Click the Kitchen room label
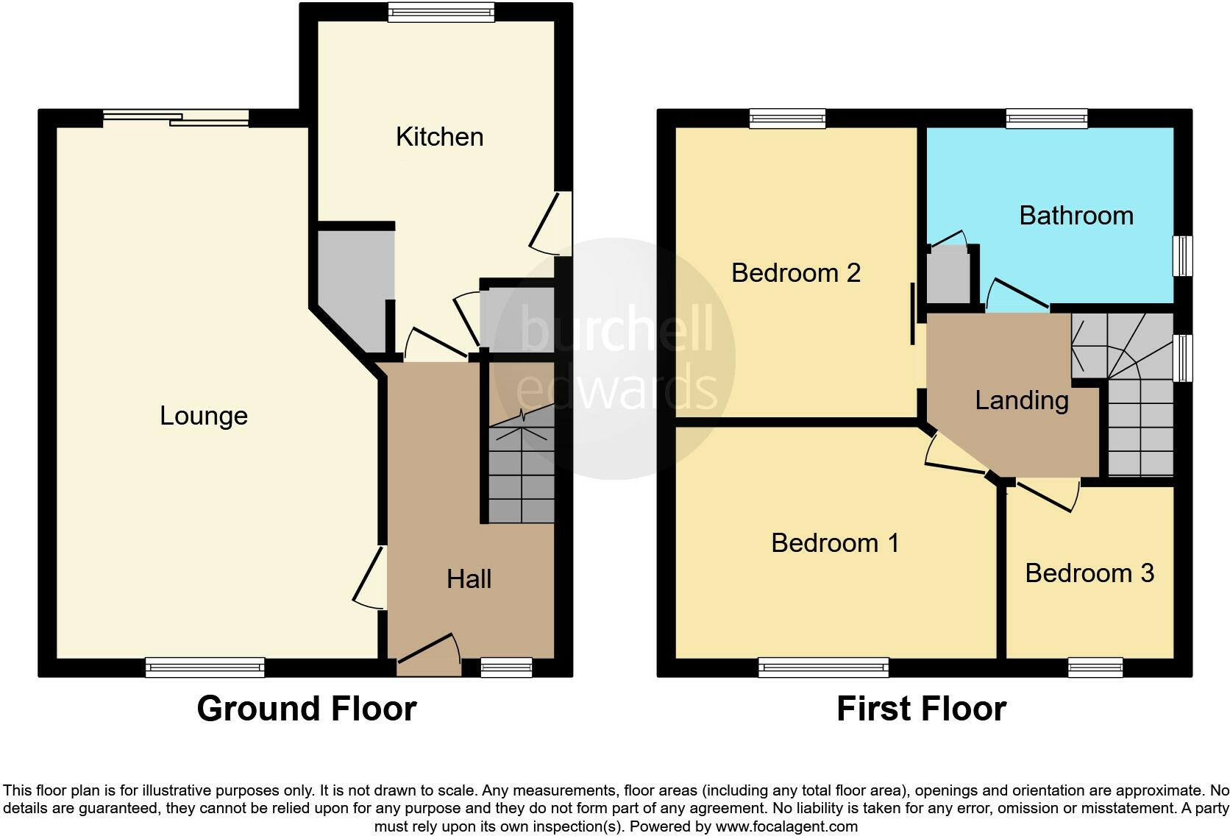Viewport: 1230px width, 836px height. [439, 137]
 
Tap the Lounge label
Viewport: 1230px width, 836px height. [204, 416]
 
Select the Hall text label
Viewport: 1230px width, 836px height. [469, 579]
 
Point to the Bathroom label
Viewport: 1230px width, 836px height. [1076, 216]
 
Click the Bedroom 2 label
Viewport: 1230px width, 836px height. [795, 273]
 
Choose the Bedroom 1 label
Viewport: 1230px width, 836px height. [835, 543]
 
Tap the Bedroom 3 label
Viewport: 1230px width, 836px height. [1089, 573]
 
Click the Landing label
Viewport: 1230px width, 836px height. [1021, 400]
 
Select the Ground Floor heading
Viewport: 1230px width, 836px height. [306, 709]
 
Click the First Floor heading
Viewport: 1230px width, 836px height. [921, 709]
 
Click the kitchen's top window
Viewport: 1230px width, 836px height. [441, 12]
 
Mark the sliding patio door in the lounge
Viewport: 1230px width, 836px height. [176, 118]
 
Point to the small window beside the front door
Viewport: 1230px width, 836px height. [506, 667]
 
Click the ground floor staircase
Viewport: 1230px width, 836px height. [520, 471]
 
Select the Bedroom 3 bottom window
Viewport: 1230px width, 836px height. [1095, 667]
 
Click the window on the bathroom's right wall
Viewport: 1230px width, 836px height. [1182, 255]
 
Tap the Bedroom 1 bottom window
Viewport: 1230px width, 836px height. [824, 667]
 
